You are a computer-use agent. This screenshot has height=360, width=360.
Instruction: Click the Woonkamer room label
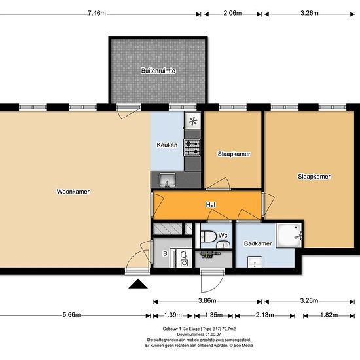pos(73,192)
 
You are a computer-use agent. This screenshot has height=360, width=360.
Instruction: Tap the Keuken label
pos(167,145)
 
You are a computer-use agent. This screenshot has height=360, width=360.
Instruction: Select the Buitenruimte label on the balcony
pos(158,70)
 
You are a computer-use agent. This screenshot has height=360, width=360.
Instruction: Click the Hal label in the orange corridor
pos(211,205)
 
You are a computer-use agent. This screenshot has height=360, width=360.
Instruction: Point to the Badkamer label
pos(258,243)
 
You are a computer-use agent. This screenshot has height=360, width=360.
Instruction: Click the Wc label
pos(223,235)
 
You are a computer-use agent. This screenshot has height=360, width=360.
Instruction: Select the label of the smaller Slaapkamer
pos(234,154)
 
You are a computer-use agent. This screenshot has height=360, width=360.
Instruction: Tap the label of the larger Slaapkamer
pos(314,176)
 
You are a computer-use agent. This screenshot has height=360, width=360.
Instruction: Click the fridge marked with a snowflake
pos(192,120)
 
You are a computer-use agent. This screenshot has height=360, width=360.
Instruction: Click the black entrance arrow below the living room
pos(137,284)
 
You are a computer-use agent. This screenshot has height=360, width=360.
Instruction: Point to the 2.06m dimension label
pos(232,12)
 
